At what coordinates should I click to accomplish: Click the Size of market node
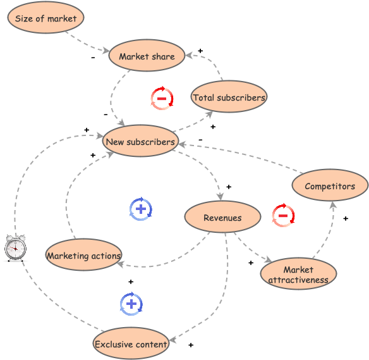click(x=45, y=18)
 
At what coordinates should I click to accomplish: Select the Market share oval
click(x=147, y=56)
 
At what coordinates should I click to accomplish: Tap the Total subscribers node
click(x=229, y=97)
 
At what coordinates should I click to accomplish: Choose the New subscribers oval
click(x=140, y=142)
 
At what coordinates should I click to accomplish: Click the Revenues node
click(x=222, y=218)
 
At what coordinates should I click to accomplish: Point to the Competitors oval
click(x=330, y=186)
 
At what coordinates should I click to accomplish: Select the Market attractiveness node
click(x=298, y=275)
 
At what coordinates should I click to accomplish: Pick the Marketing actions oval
click(x=83, y=256)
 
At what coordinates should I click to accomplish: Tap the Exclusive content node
click(x=131, y=344)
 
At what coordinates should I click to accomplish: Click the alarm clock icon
click(x=15, y=247)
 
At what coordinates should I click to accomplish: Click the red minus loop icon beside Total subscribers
click(x=162, y=99)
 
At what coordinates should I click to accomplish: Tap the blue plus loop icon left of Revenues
click(x=140, y=209)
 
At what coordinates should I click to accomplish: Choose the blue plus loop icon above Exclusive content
click(x=131, y=304)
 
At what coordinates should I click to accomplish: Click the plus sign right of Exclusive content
click(x=190, y=345)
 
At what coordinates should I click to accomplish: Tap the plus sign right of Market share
click(x=200, y=51)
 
